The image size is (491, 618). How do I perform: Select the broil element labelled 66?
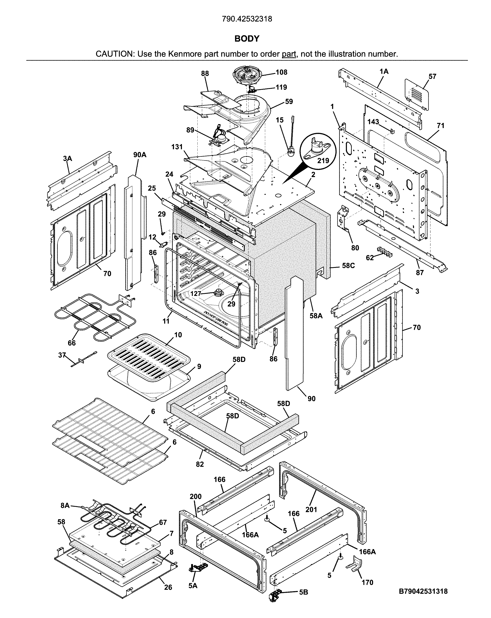point(95,318)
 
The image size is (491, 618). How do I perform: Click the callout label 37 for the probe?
point(62,355)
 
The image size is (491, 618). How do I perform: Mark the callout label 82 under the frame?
point(200,464)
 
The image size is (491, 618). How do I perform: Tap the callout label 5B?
point(303,592)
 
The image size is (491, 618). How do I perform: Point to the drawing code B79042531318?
point(423,591)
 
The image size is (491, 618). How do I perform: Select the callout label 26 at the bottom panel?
point(168,587)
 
